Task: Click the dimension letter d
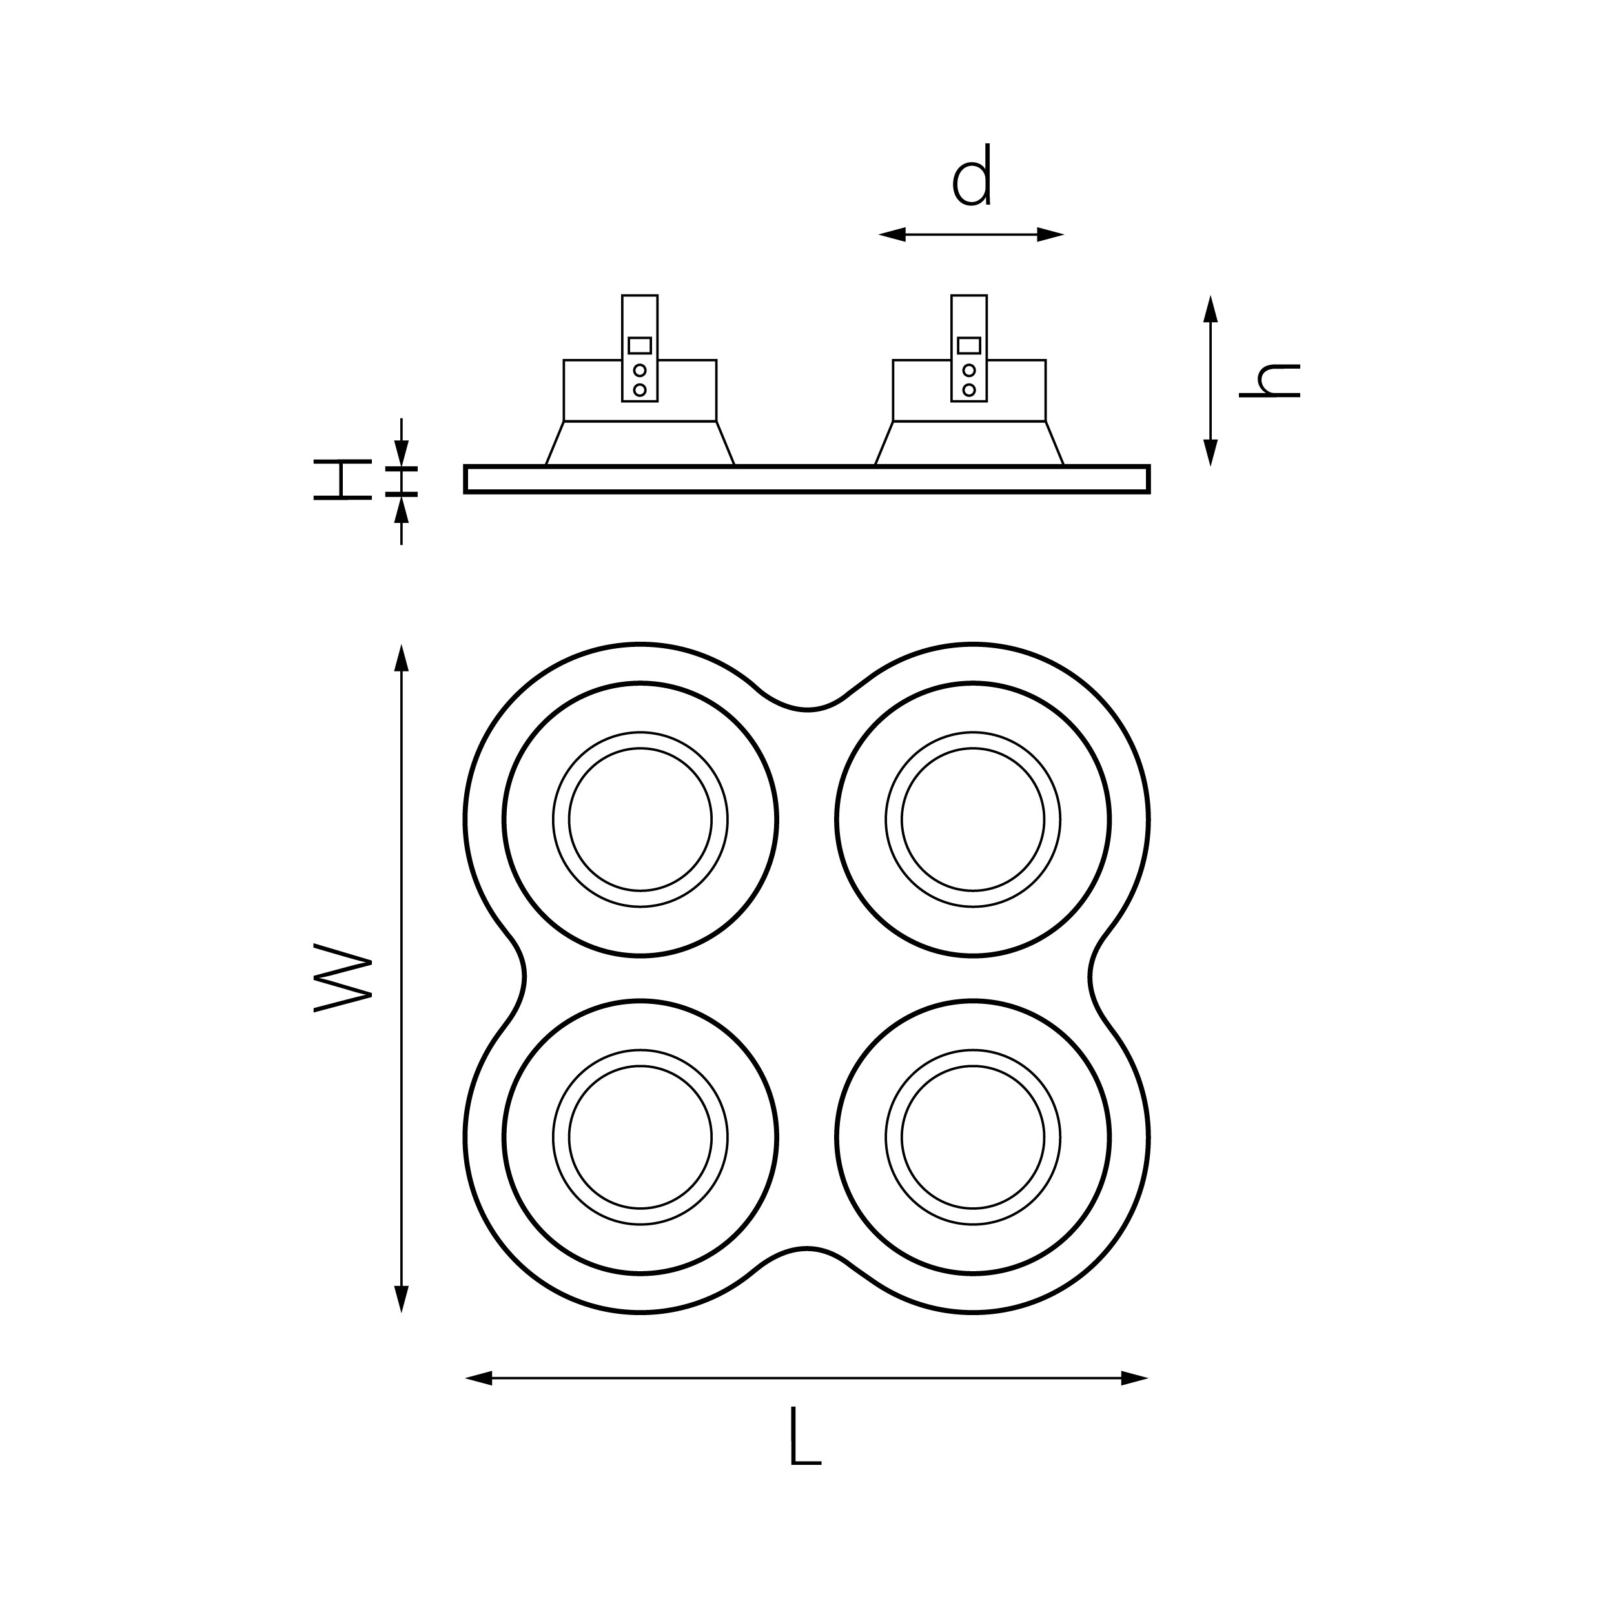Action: [972, 176]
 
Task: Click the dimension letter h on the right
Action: [1270, 380]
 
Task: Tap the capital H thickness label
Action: [343, 480]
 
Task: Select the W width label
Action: [343, 977]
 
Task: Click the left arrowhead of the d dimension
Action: [892, 235]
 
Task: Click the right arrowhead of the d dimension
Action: [1050, 235]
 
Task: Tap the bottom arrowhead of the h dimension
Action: [1210, 452]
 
